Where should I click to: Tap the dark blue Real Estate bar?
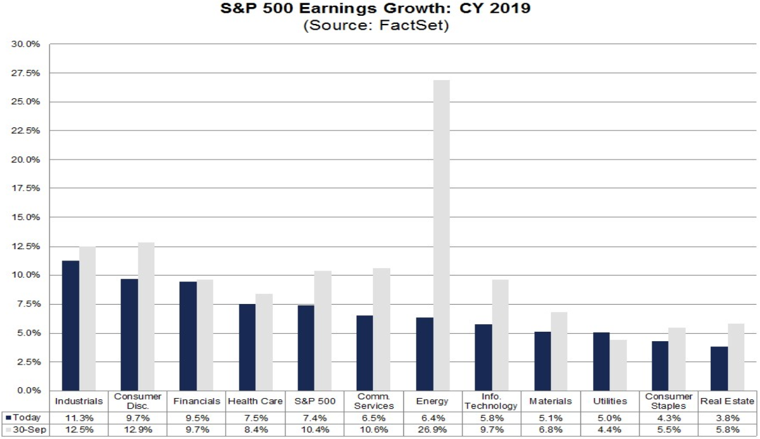point(719,368)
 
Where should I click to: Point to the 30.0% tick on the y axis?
point(26,44)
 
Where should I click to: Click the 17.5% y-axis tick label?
point(26,189)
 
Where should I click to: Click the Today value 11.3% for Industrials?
point(79,418)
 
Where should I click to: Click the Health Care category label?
point(255,401)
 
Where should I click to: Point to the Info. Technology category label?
point(492,401)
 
